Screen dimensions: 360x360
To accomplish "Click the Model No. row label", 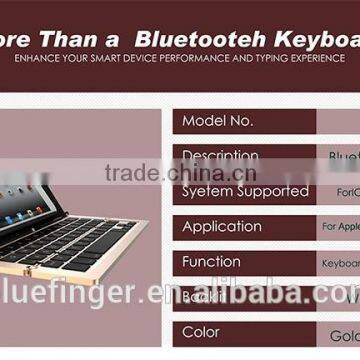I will pyautogui.click(x=218, y=121).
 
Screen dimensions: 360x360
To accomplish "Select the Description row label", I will pyautogui.click(x=220, y=157).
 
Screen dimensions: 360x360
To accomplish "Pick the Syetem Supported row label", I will pyautogui.click(x=245, y=191).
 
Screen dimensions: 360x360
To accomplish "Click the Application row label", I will pyautogui.click(x=222, y=226).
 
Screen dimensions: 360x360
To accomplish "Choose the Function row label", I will pyautogui.click(x=211, y=261).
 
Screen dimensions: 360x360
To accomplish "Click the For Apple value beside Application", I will pyautogui.click(x=340, y=227).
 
